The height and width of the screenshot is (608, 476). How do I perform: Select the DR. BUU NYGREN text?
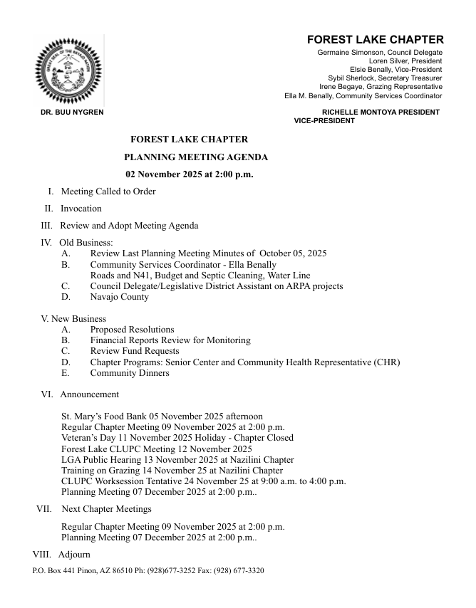coord(72,112)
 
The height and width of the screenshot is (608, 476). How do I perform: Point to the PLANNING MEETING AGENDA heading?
coord(196,157)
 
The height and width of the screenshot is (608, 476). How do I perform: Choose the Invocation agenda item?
coord(81,209)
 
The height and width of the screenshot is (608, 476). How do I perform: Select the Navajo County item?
coord(119,297)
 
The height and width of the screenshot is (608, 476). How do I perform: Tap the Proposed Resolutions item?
coord(132,330)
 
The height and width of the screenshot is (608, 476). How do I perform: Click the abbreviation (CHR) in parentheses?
coord(387,362)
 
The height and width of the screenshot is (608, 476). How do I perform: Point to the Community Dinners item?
coord(129,373)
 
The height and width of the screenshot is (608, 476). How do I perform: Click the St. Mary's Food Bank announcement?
coord(162,416)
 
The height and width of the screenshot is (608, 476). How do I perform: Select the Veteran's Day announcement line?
coord(177,438)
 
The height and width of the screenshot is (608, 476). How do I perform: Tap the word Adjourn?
coord(74,555)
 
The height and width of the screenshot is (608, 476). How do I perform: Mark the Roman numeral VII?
coord(43,509)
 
